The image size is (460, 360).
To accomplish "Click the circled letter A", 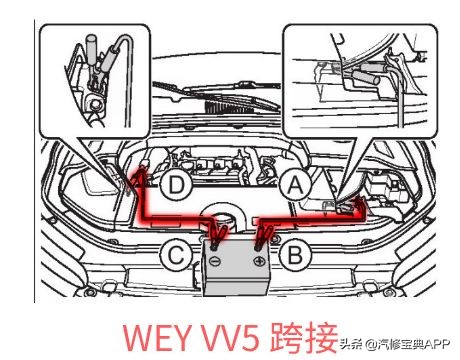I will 293,183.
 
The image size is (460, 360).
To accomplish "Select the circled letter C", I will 176,256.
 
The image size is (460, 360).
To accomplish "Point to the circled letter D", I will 176,184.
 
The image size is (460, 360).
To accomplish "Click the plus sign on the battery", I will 259,261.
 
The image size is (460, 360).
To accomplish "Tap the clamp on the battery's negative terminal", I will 217,237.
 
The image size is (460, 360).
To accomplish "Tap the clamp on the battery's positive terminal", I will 263,237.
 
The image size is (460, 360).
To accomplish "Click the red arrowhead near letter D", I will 141,172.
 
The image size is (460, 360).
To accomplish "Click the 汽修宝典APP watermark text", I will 411,345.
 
